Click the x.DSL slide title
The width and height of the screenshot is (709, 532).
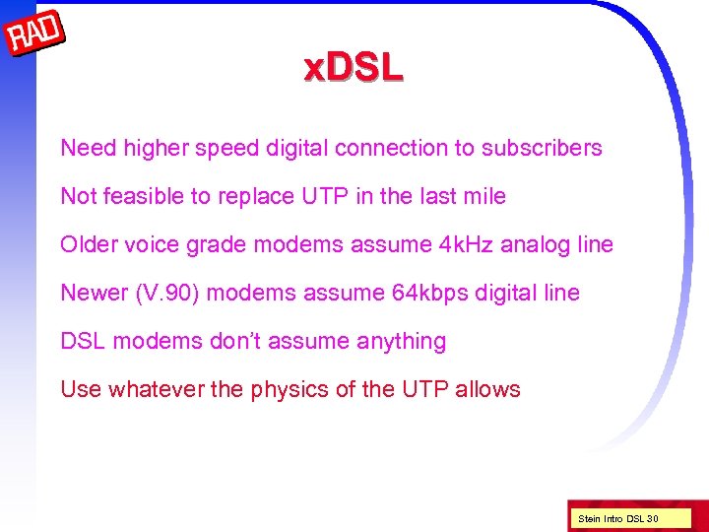pos(354,68)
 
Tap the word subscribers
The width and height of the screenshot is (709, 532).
pos(542,148)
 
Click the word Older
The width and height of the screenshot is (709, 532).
pos(89,244)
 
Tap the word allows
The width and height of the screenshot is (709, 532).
pos(488,389)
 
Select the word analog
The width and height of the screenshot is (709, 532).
pos(538,244)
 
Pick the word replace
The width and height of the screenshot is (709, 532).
pos(256,196)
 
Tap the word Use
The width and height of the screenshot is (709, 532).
pos(80,389)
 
